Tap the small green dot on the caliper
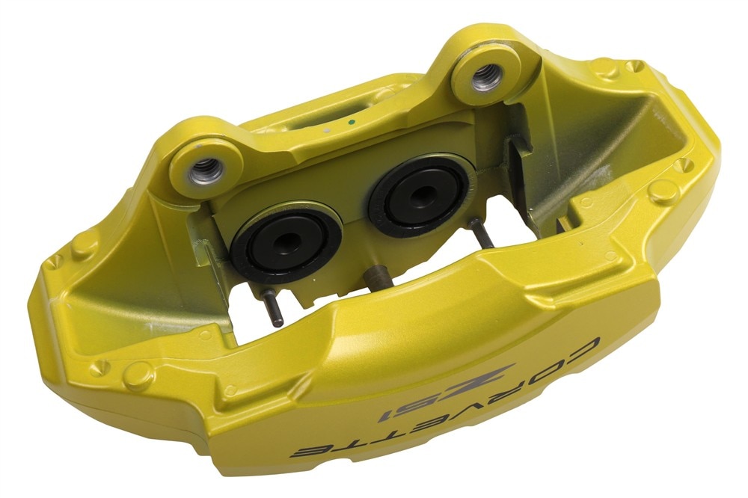click(352, 123)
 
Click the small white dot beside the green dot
click(328, 130)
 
